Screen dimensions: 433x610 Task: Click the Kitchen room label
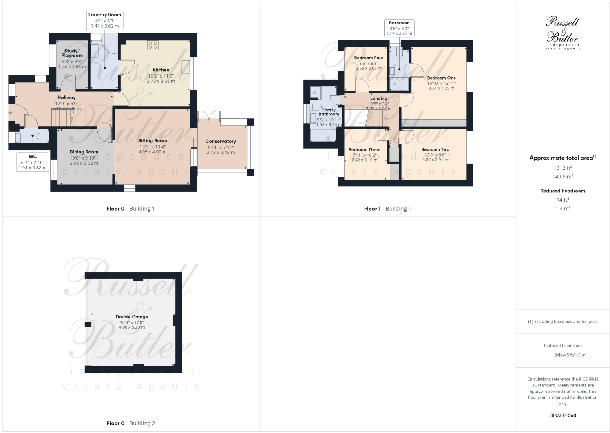click(161, 70)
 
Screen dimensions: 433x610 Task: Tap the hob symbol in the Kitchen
click(153, 45)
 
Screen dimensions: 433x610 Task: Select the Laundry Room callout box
click(105, 20)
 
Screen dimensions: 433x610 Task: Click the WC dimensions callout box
click(33, 162)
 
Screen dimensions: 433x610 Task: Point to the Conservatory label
click(221, 141)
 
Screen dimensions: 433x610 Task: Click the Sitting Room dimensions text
click(152, 149)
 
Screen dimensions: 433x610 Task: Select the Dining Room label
click(84, 152)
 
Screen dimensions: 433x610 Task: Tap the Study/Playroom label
click(72, 53)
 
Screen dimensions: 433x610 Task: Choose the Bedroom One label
click(441, 78)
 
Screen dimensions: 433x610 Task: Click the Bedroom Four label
click(369, 58)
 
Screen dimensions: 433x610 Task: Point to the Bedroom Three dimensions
click(364, 158)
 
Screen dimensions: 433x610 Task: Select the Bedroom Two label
click(435, 149)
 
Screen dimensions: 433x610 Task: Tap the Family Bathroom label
click(329, 112)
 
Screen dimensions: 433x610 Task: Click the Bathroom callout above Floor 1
click(399, 28)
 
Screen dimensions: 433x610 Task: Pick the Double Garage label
click(132, 317)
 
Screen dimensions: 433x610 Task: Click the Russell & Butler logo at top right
click(563, 33)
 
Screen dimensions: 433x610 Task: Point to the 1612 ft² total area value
click(563, 168)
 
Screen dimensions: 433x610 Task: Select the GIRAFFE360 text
click(563, 415)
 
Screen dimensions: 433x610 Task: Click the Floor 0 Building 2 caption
click(130, 423)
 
